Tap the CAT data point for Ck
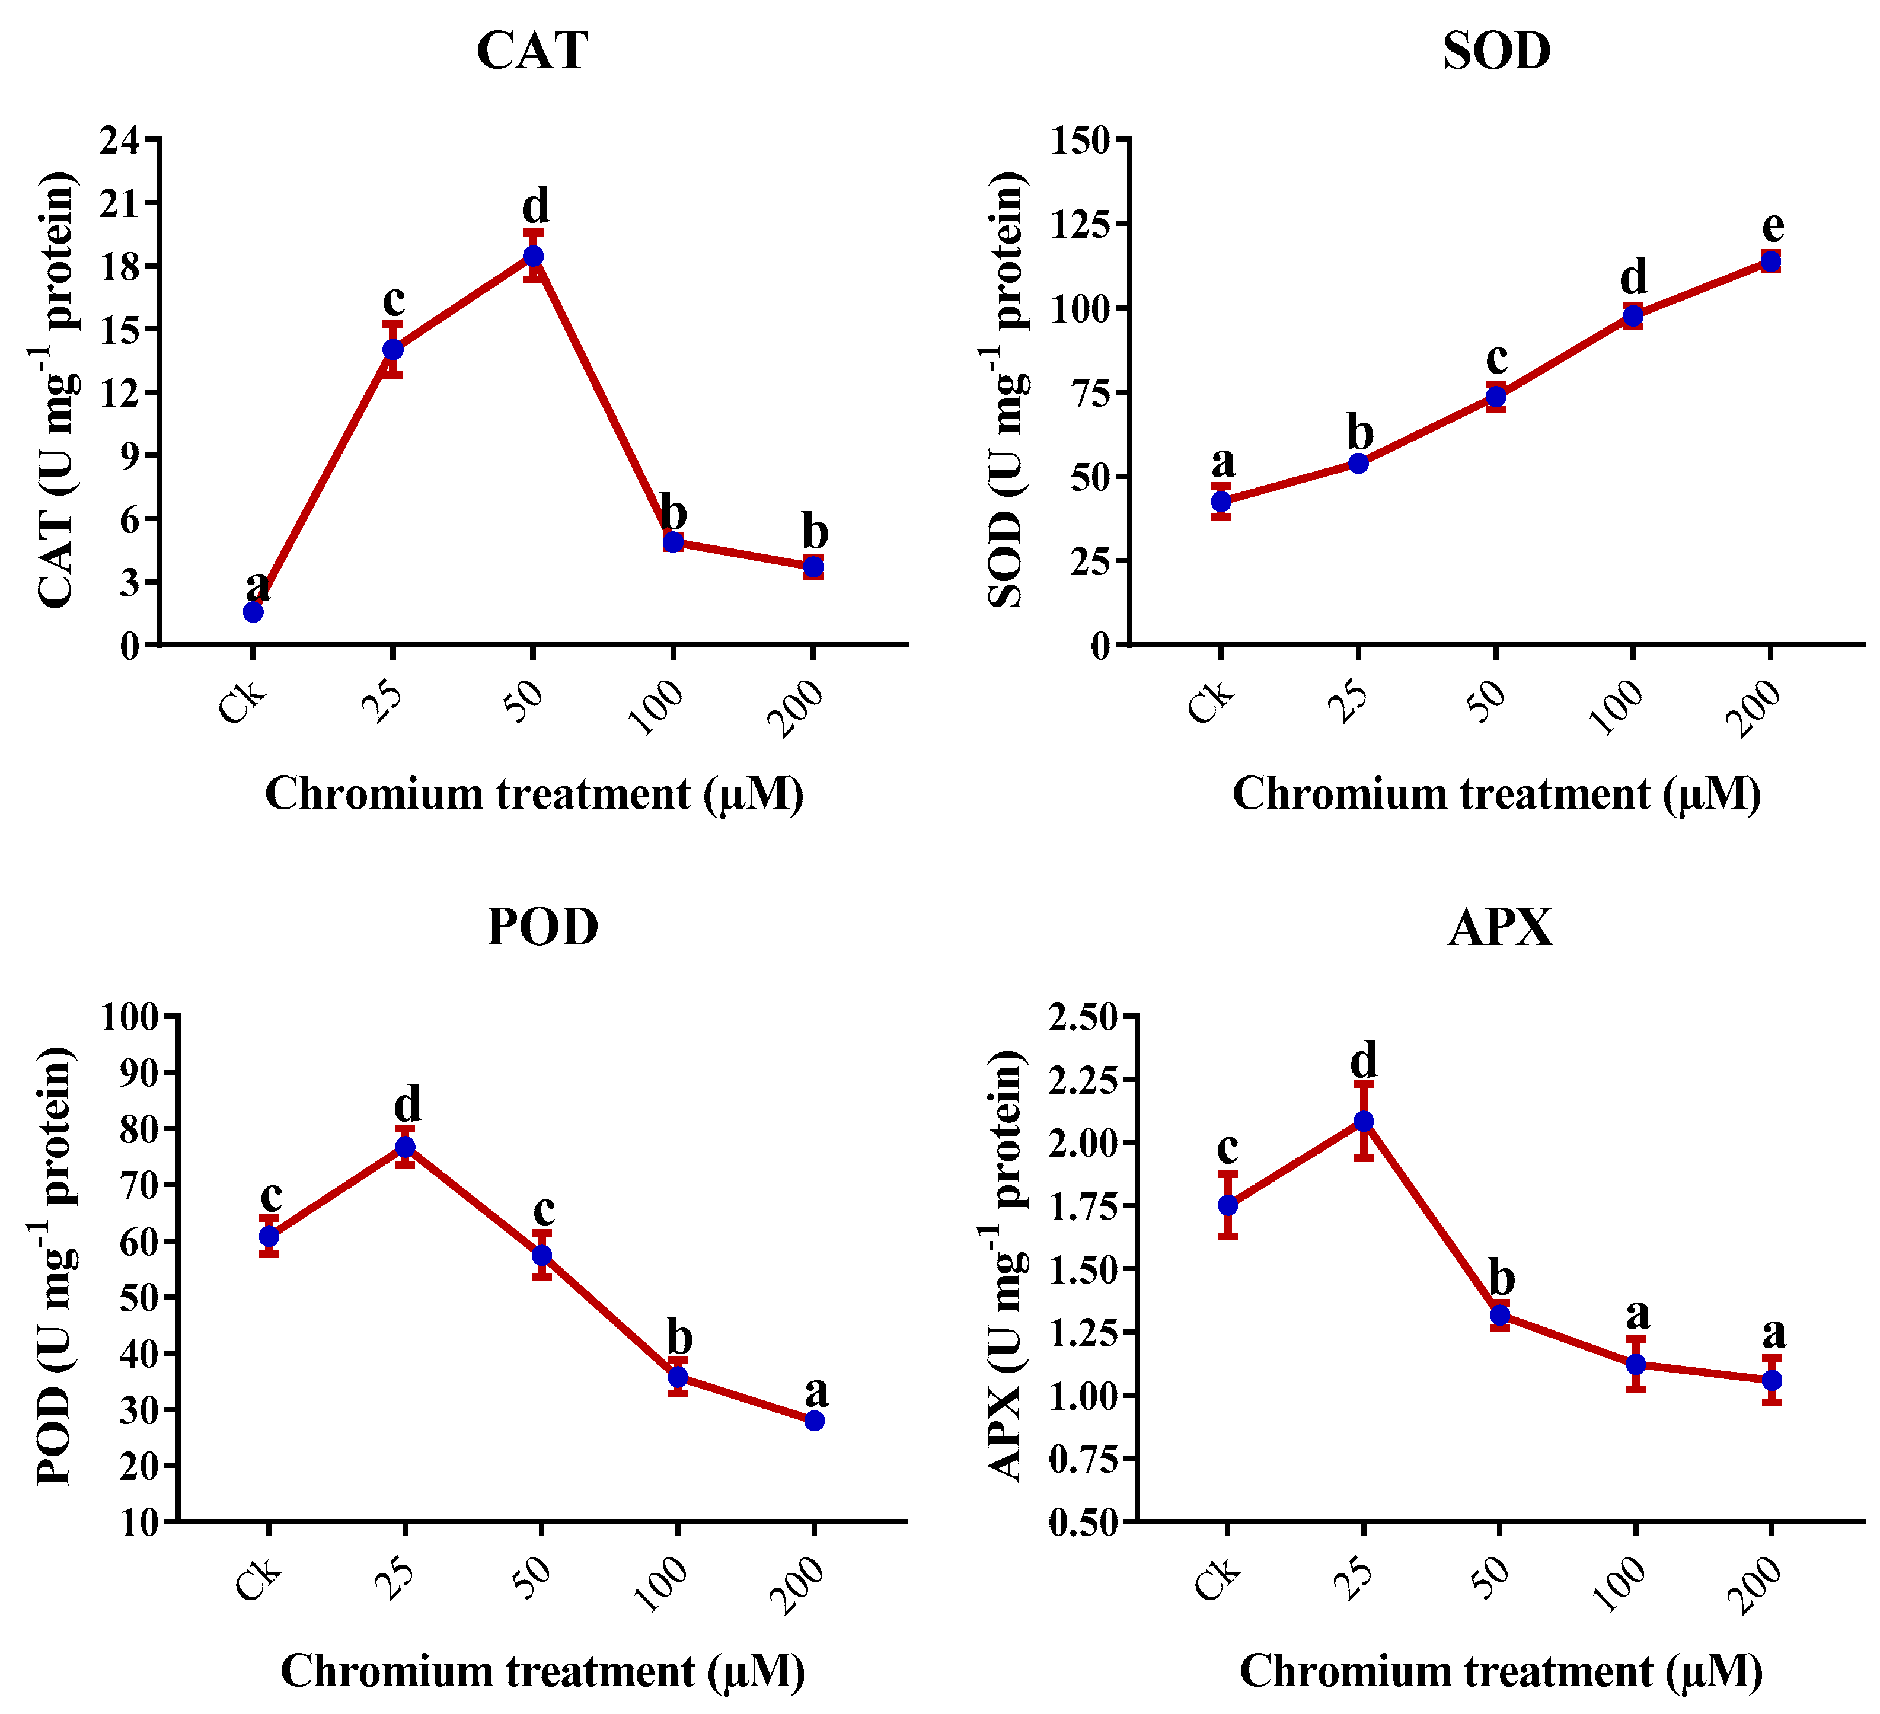pos(253,612)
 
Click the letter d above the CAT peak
pos(535,205)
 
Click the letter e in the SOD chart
pos(1773,226)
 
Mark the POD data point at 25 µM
pos(405,1147)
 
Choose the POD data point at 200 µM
pos(814,1421)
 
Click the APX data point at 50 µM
pos(1499,1316)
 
